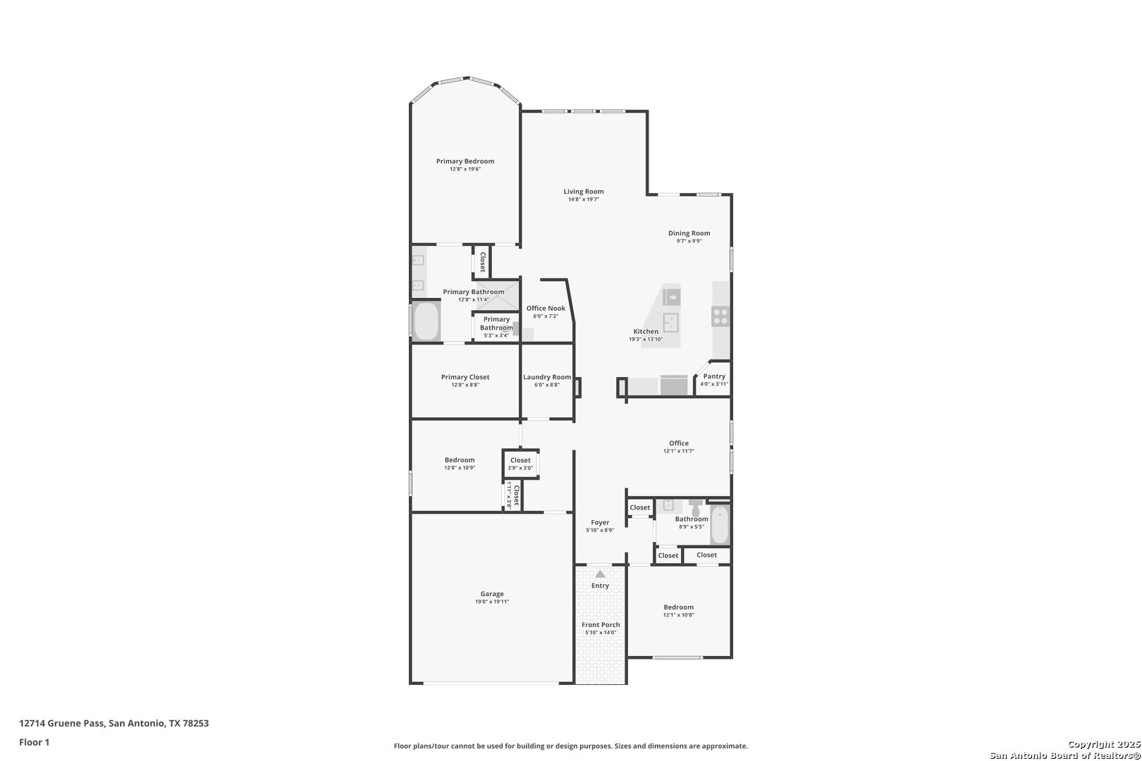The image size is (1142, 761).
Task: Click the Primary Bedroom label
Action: pos(465,161)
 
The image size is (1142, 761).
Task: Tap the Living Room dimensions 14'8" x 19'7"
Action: pos(583,199)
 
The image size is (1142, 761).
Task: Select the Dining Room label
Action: pos(689,233)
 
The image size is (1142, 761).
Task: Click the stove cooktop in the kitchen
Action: pos(720,316)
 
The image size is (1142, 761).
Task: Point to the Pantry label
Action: pos(713,376)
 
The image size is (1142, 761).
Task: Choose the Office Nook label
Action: pos(546,309)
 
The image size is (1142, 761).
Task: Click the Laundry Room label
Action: pos(546,377)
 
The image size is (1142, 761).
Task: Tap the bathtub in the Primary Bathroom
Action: pos(426,321)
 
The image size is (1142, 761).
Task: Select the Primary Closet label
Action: pos(465,377)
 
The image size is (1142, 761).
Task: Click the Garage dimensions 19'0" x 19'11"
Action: pos(491,602)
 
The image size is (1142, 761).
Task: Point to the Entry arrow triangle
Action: pos(600,574)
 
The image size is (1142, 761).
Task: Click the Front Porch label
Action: pos(601,625)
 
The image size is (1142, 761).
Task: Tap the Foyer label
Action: pos(600,522)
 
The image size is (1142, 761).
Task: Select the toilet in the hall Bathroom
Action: pos(695,507)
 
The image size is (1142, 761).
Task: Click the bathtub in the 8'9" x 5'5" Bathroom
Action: pos(720,525)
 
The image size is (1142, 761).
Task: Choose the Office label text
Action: pos(679,443)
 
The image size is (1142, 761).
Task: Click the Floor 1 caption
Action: pos(34,743)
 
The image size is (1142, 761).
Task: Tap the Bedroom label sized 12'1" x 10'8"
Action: pos(679,607)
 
